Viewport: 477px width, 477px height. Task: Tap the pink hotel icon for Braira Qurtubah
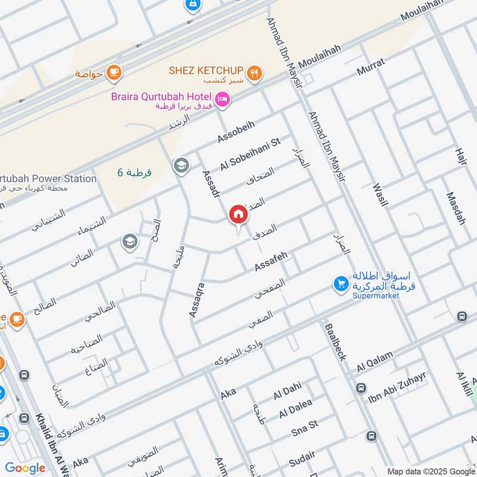[x=222, y=99]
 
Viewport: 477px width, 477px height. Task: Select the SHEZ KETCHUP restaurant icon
[x=255, y=73]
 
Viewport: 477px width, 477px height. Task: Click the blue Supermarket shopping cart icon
[x=340, y=284]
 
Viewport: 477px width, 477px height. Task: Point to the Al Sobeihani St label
[x=250, y=154]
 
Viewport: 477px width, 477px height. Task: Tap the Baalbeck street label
[x=334, y=342]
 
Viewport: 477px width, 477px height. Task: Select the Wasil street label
[x=379, y=194]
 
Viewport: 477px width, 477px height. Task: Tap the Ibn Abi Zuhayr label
[x=397, y=386]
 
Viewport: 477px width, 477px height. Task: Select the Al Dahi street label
[x=287, y=392]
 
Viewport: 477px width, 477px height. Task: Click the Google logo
[x=25, y=468]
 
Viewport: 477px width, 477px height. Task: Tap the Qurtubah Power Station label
[x=48, y=178]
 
